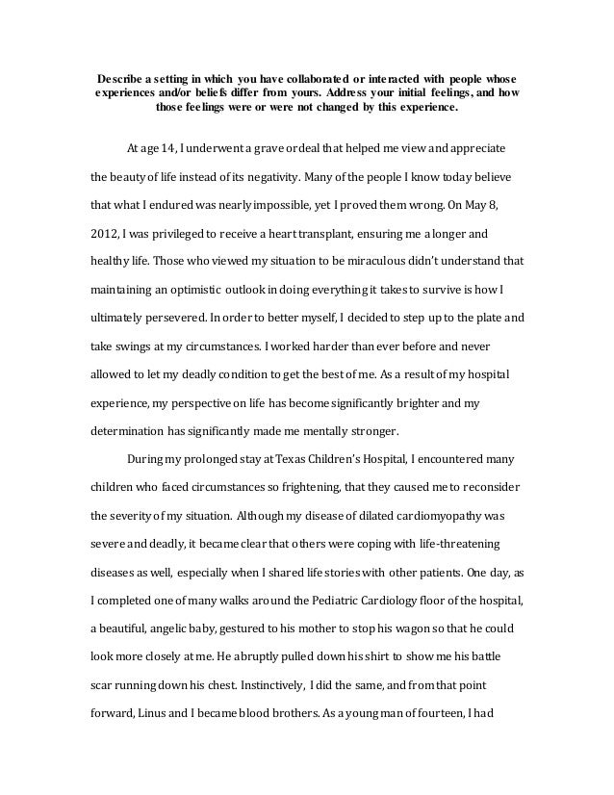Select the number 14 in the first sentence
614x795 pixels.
click(168, 151)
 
